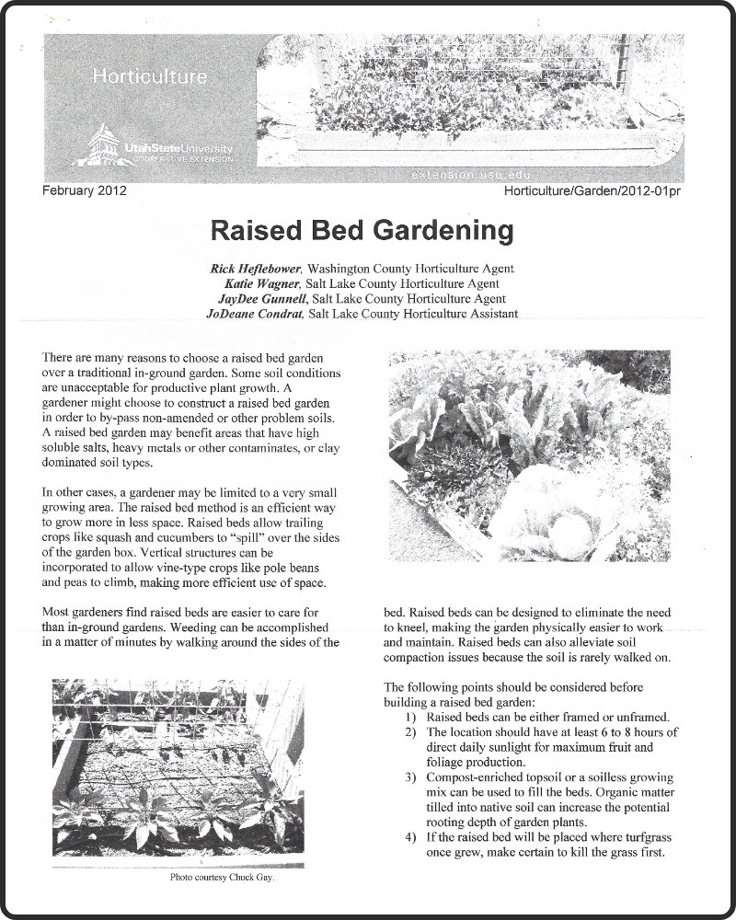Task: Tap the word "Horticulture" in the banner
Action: [149, 77]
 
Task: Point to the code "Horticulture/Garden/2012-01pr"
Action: [598, 191]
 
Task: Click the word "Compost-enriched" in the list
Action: [477, 777]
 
